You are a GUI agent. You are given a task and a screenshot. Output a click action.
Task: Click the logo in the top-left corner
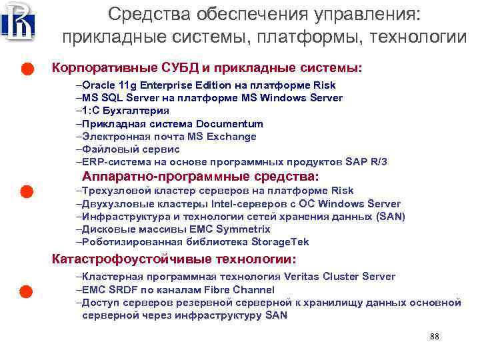point(17,21)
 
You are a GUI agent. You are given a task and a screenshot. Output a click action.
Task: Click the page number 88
point(435,336)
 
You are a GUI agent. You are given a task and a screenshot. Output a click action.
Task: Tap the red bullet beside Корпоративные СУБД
point(26,69)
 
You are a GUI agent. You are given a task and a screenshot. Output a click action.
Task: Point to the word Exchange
point(233,137)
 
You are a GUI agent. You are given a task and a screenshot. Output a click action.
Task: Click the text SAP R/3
point(367,162)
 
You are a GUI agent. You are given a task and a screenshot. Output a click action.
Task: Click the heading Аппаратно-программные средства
point(200,177)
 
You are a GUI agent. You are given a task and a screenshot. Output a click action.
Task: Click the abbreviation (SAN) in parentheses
point(391,217)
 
